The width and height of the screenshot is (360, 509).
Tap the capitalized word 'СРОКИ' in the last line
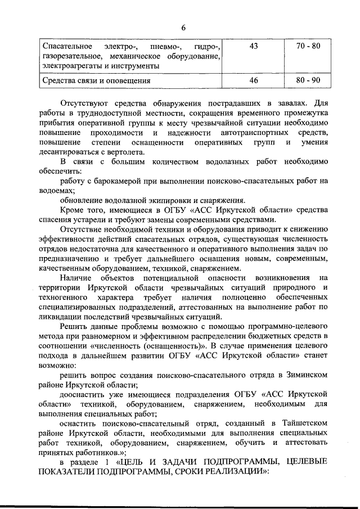tap(173, 471)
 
